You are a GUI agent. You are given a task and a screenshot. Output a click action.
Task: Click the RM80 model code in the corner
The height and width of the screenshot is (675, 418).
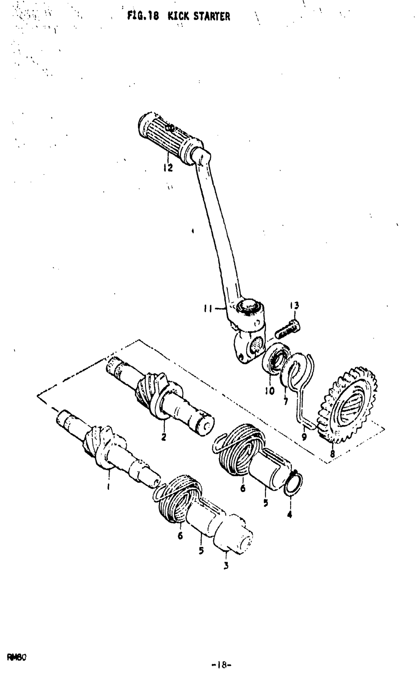(x=17, y=656)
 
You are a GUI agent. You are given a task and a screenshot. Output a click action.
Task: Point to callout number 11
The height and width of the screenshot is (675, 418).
(x=208, y=309)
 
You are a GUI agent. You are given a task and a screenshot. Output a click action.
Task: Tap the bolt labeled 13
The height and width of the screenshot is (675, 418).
(x=287, y=329)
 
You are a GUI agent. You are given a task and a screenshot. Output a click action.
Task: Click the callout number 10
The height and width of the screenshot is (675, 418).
(x=270, y=391)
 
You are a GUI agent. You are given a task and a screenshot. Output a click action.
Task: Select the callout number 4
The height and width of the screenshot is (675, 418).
(x=290, y=515)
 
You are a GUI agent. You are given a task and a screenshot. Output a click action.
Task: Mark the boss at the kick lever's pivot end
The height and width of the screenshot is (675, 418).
(x=249, y=307)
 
